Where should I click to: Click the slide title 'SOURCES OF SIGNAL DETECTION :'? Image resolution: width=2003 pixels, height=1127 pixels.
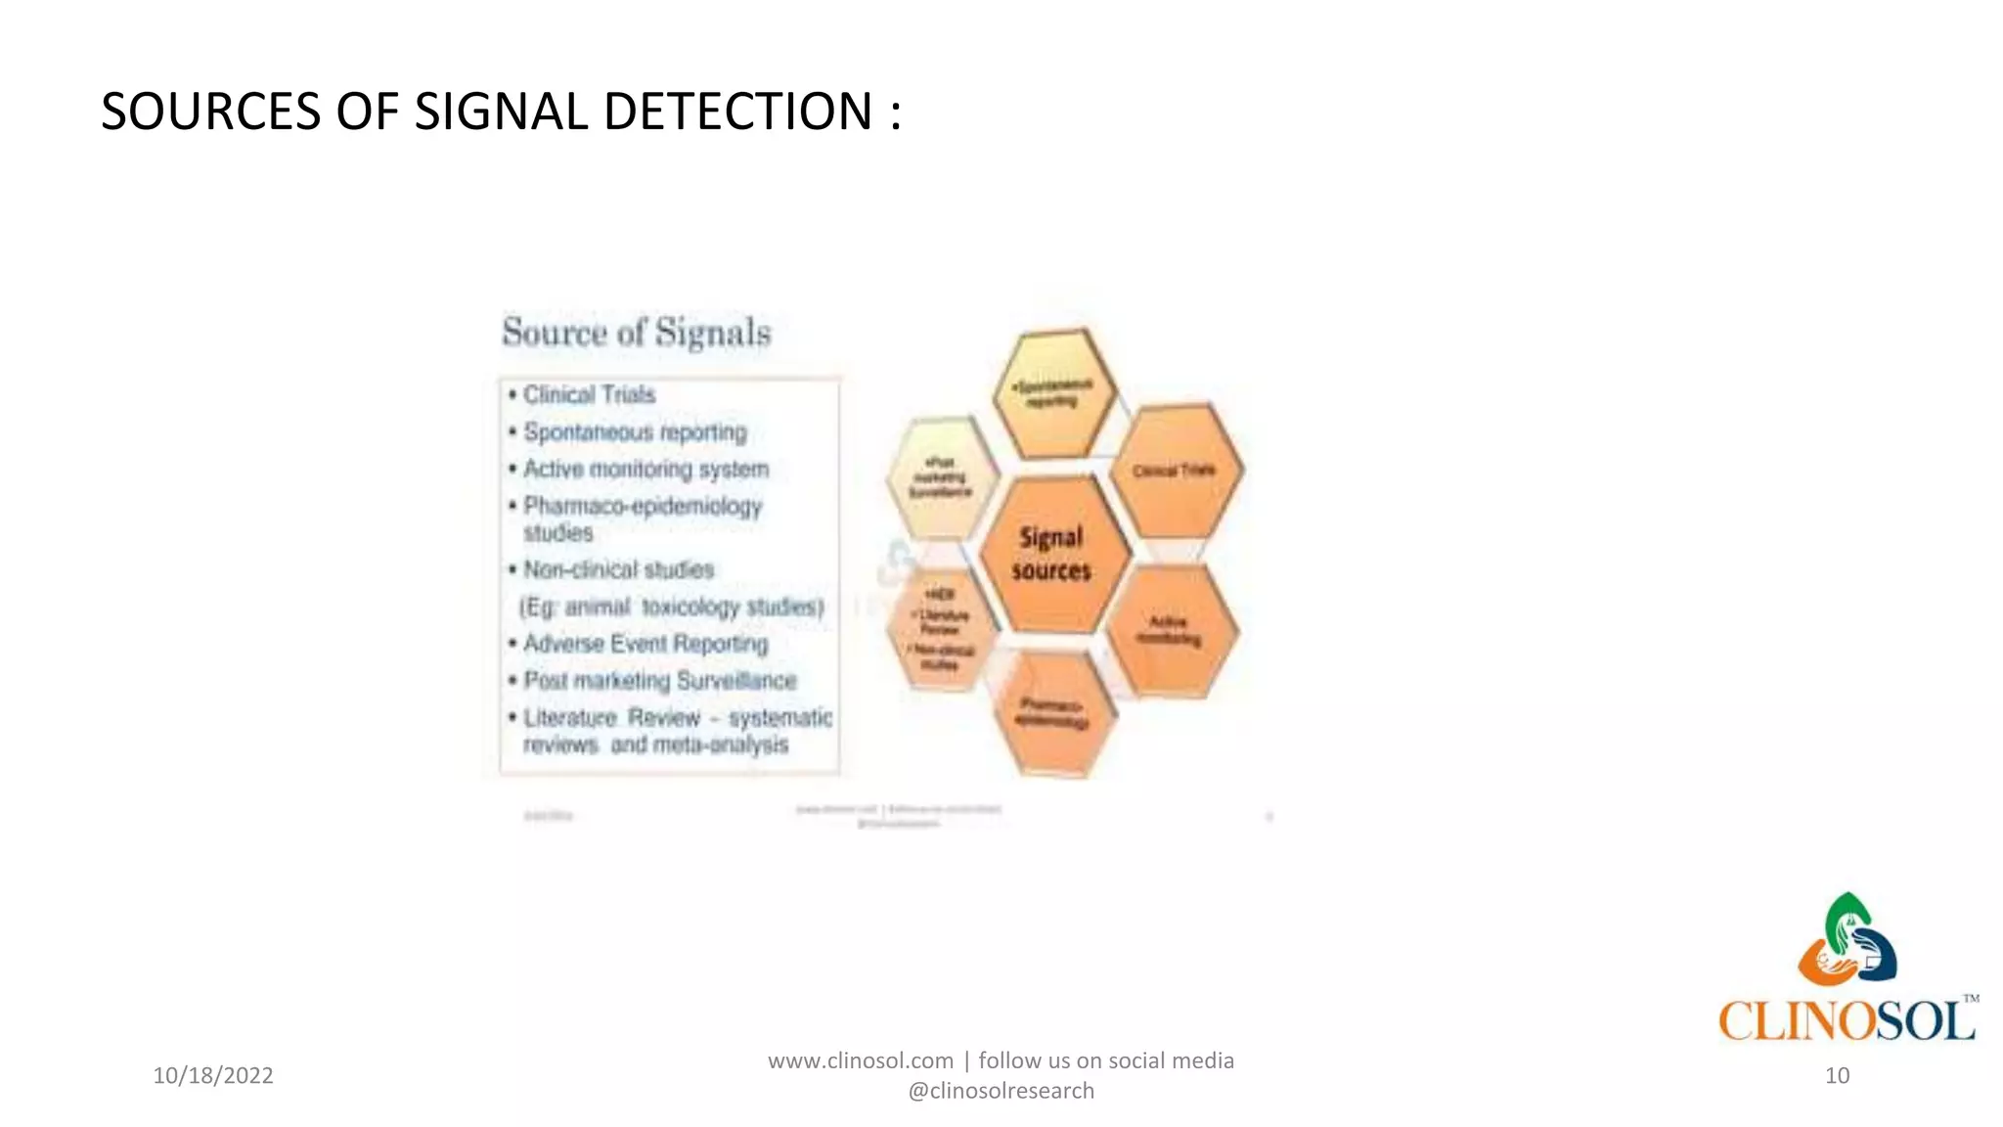[501, 111]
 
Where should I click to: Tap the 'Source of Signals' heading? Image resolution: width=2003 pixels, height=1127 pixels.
[637, 333]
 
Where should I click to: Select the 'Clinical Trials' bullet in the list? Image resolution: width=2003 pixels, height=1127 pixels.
[589, 394]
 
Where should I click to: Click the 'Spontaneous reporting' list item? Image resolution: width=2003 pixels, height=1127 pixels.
[635, 431]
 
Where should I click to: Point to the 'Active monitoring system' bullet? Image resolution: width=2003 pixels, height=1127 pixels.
[645, 469]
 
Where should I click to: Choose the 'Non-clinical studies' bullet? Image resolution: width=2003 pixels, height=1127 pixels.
[618, 569]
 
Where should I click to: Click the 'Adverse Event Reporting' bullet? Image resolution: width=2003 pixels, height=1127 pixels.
[645, 644]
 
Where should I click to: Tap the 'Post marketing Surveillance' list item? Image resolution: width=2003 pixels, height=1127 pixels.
[660, 680]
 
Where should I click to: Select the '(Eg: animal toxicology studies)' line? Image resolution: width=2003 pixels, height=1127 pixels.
[672, 607]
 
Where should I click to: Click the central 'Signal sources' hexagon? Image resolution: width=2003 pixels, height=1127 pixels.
[1051, 554]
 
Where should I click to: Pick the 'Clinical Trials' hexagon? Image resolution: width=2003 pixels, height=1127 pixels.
[1175, 471]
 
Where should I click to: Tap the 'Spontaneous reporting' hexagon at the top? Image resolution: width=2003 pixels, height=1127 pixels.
[1054, 393]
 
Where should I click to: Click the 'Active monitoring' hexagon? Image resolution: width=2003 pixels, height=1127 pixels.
[1170, 631]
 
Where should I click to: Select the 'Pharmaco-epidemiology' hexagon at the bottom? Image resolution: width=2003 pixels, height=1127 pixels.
[1052, 713]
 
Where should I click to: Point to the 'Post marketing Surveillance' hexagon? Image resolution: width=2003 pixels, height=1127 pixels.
[940, 477]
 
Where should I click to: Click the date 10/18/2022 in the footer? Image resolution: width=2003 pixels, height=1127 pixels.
[213, 1075]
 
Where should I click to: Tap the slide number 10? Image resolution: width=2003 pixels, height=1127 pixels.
[1837, 1075]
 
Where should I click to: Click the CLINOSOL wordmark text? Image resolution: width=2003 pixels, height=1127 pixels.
[1847, 1020]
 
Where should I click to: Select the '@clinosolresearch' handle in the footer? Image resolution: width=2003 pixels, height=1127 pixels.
[1001, 1091]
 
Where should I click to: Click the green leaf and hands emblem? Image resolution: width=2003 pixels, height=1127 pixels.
[1847, 939]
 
